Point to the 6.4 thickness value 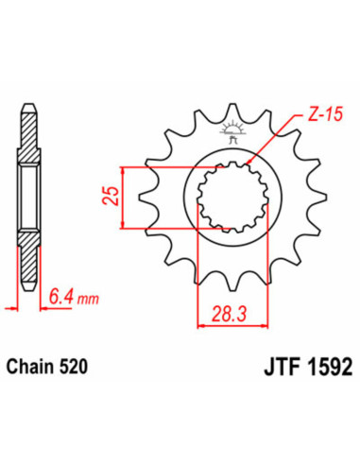pyautogui.click(x=60, y=301)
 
